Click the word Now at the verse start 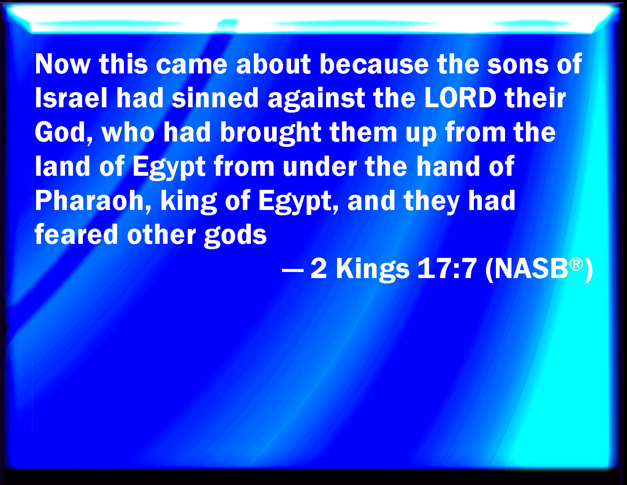pos(62,64)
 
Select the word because pos(374,64)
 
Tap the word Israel pos(71,98)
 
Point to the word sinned pos(215,98)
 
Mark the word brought pos(270,134)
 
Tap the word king pos(188,202)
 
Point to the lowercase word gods pos(235,236)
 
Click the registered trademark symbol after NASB pos(576,264)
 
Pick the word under pos(320,167)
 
